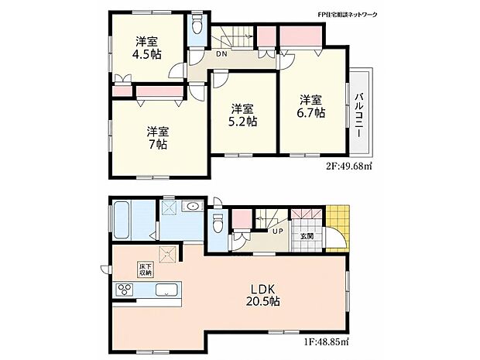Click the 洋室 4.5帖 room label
click(146, 48)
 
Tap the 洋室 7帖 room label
click(158, 138)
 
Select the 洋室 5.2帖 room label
click(242, 115)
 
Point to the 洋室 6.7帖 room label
click(310, 106)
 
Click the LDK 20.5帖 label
click(263, 295)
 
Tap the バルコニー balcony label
click(359, 115)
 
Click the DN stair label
click(221, 54)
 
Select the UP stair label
click(277, 231)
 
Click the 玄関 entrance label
click(307, 236)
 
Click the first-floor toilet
click(218, 223)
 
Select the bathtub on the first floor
click(122, 219)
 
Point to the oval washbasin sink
click(193, 207)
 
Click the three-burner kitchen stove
click(125, 290)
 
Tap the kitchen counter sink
click(166, 290)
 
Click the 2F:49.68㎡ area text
click(348, 166)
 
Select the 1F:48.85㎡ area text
click(326, 341)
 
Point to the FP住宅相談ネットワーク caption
click(347, 15)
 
